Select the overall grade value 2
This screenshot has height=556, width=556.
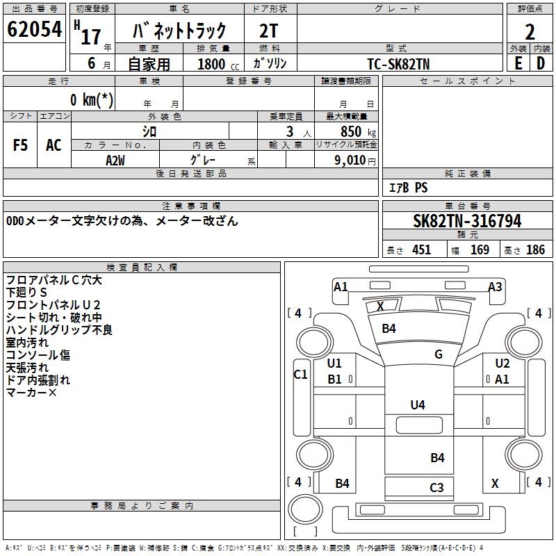click(530, 32)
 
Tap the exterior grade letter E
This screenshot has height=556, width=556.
click(518, 63)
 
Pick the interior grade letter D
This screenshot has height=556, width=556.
click(541, 63)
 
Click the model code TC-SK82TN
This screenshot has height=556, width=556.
click(399, 63)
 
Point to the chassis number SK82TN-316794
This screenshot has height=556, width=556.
click(467, 221)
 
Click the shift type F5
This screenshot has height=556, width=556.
click(21, 145)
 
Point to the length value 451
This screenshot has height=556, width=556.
click(421, 250)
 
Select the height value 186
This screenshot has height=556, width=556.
click(535, 250)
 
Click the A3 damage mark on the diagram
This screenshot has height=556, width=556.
click(495, 286)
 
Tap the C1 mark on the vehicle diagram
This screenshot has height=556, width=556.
click(300, 375)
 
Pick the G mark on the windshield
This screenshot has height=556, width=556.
click(439, 354)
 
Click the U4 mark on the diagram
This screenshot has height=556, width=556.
click(418, 404)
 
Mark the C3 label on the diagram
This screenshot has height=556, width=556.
click(436, 487)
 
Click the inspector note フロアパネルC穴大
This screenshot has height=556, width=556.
click(54, 280)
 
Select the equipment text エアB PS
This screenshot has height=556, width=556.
click(408, 188)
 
